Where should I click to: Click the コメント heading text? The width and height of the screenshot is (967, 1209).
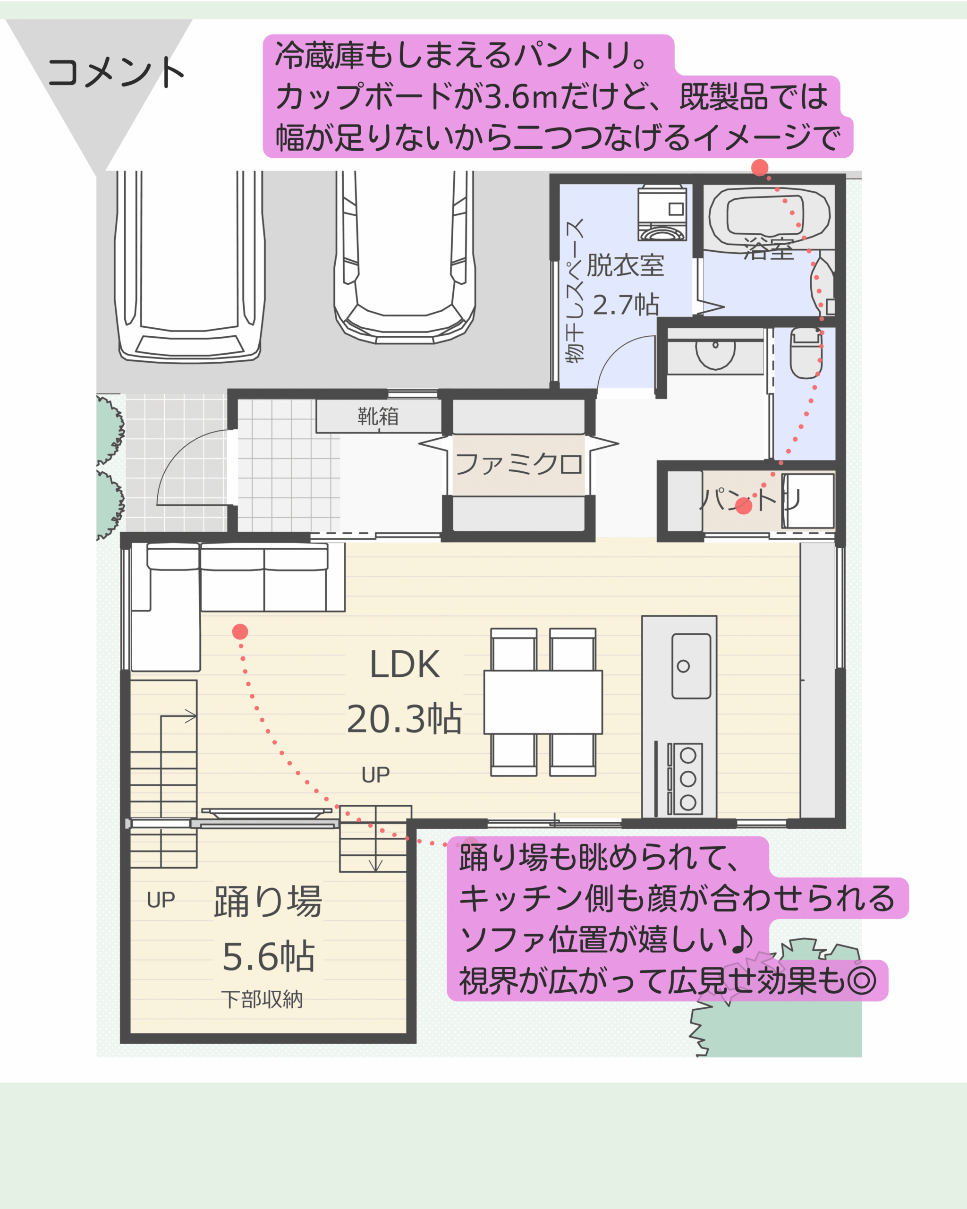click(116, 72)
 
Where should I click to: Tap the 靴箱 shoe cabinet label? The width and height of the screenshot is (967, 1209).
click(378, 417)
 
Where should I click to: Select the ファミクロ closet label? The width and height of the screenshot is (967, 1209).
click(518, 464)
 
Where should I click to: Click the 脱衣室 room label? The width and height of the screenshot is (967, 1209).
click(625, 265)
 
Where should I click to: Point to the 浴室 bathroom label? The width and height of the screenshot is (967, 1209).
click(769, 248)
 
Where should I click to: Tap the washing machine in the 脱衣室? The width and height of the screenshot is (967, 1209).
click(662, 213)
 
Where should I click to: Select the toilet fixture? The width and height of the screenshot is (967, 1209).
click(806, 353)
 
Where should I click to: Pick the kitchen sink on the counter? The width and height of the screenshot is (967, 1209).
click(691, 666)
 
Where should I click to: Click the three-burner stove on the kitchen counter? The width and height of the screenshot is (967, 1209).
click(685, 779)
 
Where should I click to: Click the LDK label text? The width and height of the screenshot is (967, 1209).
click(405, 665)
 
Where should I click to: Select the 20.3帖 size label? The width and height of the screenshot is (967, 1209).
click(404, 719)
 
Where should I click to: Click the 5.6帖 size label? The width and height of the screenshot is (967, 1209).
click(269, 957)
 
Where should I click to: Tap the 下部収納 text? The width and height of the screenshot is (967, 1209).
click(262, 999)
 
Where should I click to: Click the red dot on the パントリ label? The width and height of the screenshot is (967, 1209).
click(743, 506)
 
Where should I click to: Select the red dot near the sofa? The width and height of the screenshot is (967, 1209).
click(240, 632)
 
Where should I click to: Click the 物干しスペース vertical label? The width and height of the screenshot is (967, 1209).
click(575, 291)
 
